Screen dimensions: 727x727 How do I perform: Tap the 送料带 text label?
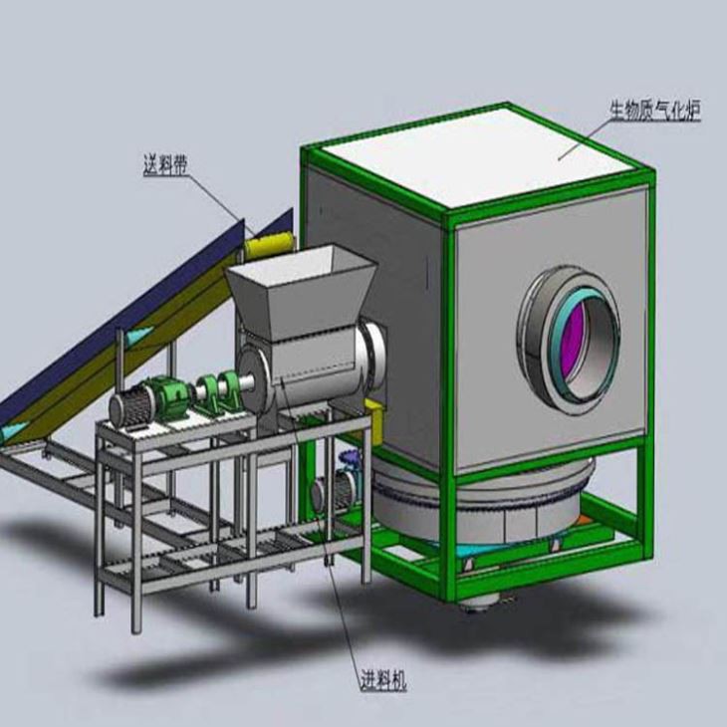point(165,163)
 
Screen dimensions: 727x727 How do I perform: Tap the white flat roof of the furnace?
point(478,154)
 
